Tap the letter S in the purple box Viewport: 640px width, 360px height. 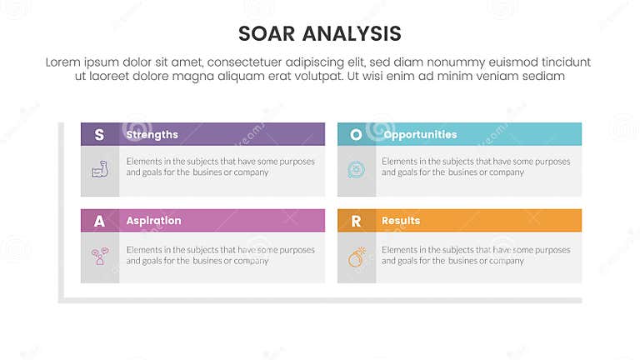[x=100, y=134]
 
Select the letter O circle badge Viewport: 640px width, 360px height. [x=356, y=134]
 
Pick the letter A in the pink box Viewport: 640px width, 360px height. [x=100, y=221]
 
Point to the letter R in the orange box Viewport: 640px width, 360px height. [x=356, y=221]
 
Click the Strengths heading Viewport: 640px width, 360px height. [x=152, y=134]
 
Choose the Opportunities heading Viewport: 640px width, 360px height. [x=419, y=134]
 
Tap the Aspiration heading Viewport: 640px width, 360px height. [x=153, y=221]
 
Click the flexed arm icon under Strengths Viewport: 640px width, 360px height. [x=100, y=169]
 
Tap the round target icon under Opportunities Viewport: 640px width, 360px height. [x=356, y=169]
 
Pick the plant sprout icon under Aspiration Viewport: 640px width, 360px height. [x=100, y=256]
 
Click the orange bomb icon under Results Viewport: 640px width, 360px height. [x=356, y=256]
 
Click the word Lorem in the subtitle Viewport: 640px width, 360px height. [x=63, y=62]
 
